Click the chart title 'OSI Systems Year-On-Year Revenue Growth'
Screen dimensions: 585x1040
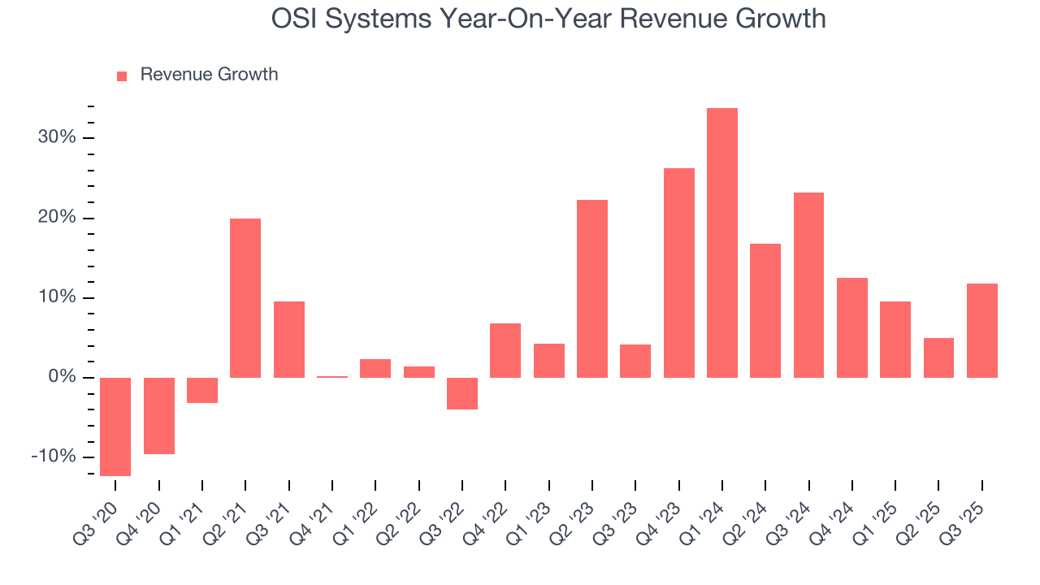548,19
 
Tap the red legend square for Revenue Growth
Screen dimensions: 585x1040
122,76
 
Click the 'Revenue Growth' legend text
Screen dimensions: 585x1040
209,75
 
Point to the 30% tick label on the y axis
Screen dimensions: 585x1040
56,137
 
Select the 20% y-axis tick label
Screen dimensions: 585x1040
56,218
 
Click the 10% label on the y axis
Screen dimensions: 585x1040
56,297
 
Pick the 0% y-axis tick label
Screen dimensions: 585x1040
61,377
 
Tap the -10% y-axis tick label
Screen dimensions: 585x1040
53,457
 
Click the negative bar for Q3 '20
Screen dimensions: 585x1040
115,427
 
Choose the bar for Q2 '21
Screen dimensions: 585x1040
245,297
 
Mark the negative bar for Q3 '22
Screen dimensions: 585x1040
462,393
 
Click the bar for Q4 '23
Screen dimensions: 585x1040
678,272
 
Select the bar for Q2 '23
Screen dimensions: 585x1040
592,288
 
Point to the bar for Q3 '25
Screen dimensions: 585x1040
982,330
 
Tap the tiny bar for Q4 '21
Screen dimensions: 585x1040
332,377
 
